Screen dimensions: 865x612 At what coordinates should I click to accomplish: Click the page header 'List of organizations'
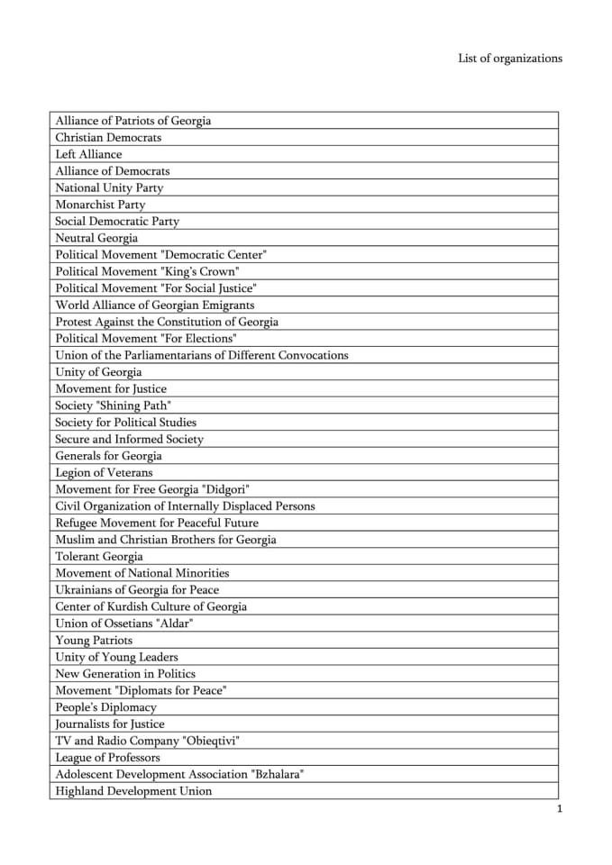509,59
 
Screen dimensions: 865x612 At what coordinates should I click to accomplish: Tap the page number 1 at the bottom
560,809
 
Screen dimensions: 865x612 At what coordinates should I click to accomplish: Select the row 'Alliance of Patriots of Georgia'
133,121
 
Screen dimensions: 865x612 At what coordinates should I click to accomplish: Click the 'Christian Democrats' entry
108,138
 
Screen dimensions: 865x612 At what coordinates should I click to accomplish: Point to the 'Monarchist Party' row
100,205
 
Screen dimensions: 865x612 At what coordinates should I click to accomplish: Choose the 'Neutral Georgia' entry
96,238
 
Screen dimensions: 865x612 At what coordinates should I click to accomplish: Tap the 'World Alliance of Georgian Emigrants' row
155,305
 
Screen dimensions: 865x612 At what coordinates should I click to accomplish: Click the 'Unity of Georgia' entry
98,372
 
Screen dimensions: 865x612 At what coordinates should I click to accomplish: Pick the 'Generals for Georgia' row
108,456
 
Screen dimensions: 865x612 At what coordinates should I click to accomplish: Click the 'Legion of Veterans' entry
104,473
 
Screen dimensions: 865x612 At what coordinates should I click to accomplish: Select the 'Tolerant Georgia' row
99,557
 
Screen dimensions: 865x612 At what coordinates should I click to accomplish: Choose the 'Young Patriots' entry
94,641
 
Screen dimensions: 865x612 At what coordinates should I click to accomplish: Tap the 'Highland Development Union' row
133,791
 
